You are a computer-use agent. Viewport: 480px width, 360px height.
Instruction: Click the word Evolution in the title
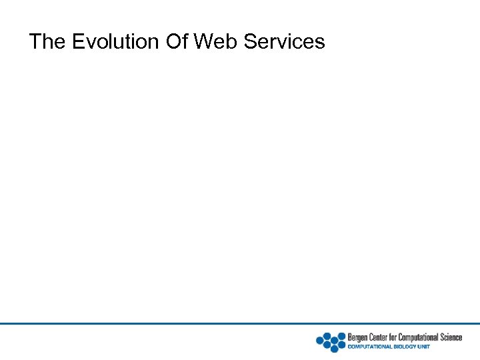tap(115, 42)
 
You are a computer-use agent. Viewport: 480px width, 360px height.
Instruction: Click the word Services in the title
tap(285, 42)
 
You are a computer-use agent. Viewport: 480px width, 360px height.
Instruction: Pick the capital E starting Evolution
tap(77, 42)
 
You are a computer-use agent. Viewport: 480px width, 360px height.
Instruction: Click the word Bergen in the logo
tap(358, 337)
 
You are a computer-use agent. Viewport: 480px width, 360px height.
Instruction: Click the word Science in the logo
tap(451, 337)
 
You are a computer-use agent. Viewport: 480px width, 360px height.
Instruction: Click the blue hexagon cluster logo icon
tap(331, 341)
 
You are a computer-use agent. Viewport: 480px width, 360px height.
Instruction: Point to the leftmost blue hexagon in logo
tap(320, 341)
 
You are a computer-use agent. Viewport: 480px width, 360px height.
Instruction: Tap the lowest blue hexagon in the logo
tap(335, 349)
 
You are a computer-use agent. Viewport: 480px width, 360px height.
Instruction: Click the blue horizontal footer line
tap(240, 324)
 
